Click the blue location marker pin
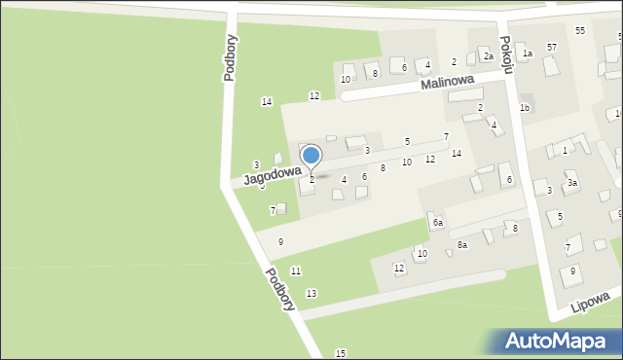click(311, 157)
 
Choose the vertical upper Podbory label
click(231, 58)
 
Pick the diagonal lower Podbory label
click(280, 289)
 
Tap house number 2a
click(489, 56)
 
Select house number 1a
click(528, 54)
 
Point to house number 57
click(552, 48)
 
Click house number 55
click(580, 31)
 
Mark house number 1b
click(524, 107)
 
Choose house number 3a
click(573, 183)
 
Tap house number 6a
click(438, 223)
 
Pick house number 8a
click(462, 245)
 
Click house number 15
click(340, 352)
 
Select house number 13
click(311, 293)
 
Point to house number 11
click(296, 270)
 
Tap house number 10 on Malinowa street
click(346, 79)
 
